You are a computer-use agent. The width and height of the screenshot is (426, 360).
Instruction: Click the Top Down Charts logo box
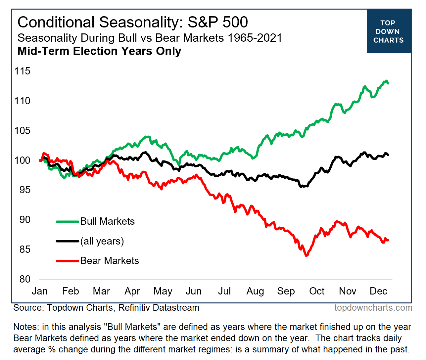[389, 31]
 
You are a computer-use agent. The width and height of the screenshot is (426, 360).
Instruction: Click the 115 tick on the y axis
[23, 71]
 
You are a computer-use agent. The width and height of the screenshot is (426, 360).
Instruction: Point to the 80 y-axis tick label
[25, 279]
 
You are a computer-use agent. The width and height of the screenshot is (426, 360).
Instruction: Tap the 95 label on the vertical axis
[23, 190]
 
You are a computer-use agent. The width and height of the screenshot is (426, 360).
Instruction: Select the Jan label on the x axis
[40, 291]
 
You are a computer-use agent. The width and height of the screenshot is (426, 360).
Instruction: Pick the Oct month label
[317, 291]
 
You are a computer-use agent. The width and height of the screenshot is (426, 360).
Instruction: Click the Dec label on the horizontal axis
[378, 291]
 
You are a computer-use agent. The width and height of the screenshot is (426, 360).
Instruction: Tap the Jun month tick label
[194, 291]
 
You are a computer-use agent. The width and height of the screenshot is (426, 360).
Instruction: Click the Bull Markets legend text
[108, 221]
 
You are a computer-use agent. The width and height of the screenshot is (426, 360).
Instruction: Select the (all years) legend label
[102, 241]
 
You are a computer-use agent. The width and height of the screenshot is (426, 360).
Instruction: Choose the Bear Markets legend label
[110, 261]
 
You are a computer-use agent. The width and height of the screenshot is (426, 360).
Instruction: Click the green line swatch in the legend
[68, 221]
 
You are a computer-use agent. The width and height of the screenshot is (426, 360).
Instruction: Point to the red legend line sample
[68, 261]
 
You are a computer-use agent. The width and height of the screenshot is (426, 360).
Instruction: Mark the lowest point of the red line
[307, 255]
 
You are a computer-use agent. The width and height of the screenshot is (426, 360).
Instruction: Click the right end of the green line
[388, 83]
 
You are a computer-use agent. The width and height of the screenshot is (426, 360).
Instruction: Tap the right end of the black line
[388, 155]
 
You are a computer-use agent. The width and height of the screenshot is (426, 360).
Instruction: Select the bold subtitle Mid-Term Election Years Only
[99, 51]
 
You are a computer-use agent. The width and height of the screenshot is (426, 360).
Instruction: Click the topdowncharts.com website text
[373, 308]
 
